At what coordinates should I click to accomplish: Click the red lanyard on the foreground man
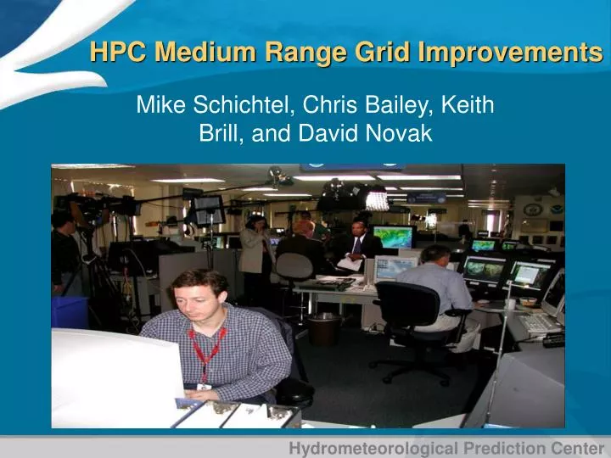click(206, 348)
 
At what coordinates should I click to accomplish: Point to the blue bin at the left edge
click(68, 311)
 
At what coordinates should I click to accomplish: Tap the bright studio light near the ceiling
click(375, 200)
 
